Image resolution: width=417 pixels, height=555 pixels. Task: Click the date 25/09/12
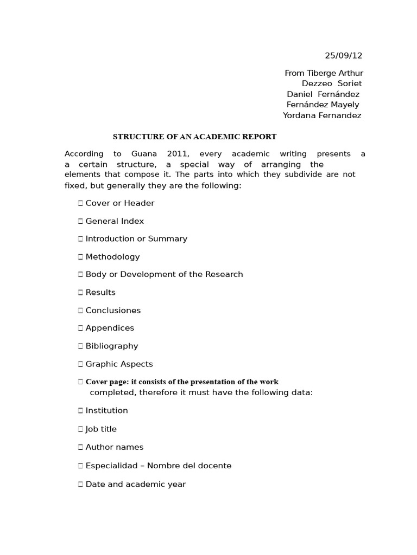coord(343,55)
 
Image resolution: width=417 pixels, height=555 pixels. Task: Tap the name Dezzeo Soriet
coord(332,83)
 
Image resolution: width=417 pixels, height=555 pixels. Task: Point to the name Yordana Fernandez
coord(322,115)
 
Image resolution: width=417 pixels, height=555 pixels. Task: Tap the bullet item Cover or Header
coord(120,203)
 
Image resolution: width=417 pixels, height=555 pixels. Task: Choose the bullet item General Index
coord(115,221)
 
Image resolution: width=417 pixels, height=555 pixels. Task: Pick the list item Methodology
coord(112,257)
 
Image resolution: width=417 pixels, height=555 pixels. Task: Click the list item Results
coord(100,293)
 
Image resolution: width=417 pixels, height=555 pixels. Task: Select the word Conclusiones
coord(113,311)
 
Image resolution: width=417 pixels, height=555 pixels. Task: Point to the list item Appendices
coord(110,328)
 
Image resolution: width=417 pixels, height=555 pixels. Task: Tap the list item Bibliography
coord(112,346)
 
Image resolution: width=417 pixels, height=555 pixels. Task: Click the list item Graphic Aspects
coord(119,364)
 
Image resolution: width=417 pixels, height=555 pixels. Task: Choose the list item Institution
coord(106,411)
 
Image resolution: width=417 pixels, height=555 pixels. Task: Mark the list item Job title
coord(101,429)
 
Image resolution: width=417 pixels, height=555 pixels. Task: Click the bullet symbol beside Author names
coord(80,447)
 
